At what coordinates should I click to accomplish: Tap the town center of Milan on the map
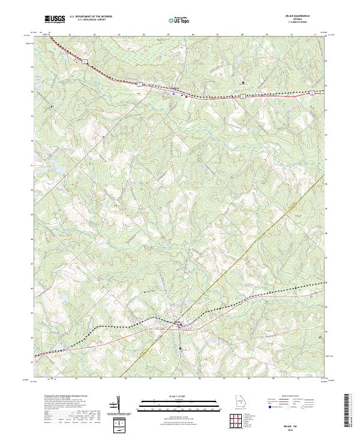pyautogui.click(x=179, y=325)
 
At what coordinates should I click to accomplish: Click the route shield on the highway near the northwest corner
pyautogui.click(x=86, y=61)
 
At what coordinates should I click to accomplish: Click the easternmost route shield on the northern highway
pyautogui.click(x=311, y=92)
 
